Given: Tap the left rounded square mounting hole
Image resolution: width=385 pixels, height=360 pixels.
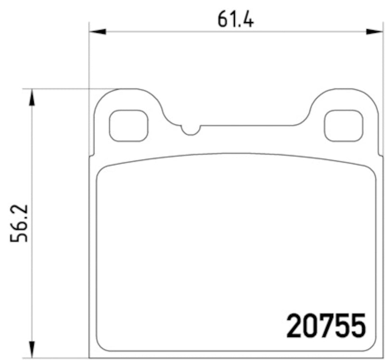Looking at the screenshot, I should pos(128,126).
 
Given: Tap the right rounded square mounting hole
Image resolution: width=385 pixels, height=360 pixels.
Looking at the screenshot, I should pos(343,126).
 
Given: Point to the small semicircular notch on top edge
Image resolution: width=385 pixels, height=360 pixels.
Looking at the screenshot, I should pos(191,130).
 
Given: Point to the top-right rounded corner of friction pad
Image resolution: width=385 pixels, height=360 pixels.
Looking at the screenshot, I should pos(371,171).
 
